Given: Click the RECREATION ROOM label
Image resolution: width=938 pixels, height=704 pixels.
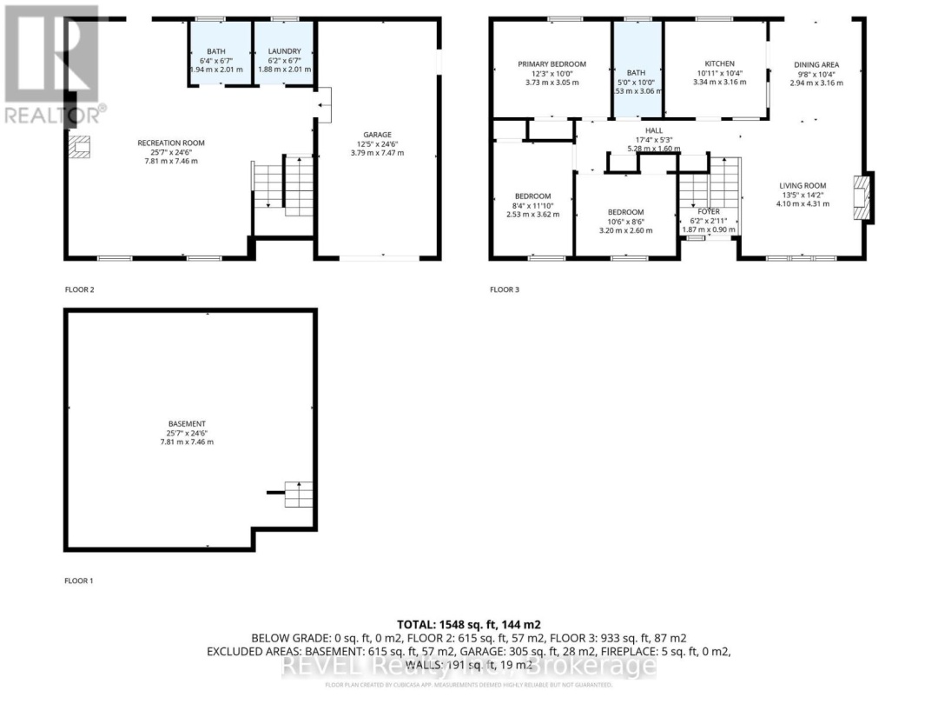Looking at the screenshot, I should [158, 143].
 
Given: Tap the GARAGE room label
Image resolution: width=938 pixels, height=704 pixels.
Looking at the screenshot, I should [378, 135].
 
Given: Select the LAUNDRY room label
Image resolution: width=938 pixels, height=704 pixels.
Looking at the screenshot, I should [283, 52].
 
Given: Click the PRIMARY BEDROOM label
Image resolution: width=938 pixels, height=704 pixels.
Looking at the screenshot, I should [552, 63].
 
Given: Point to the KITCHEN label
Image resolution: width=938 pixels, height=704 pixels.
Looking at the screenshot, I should [719, 63].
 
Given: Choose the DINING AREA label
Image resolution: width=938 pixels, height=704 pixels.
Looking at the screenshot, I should [816, 64].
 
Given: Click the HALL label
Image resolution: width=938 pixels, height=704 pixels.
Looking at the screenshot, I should [653, 130].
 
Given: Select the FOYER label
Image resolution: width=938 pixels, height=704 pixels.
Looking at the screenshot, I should [710, 211].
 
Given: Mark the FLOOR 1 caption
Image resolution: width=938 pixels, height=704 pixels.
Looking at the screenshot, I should [79, 580].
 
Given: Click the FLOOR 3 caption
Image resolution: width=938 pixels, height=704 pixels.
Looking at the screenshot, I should [505, 289].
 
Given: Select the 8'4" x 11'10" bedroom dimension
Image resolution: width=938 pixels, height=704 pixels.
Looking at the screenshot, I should [532, 205].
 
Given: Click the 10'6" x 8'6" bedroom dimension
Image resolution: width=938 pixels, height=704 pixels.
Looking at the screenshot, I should [625, 222].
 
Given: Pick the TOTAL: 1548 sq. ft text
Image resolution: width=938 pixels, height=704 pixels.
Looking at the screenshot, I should [469, 624].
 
